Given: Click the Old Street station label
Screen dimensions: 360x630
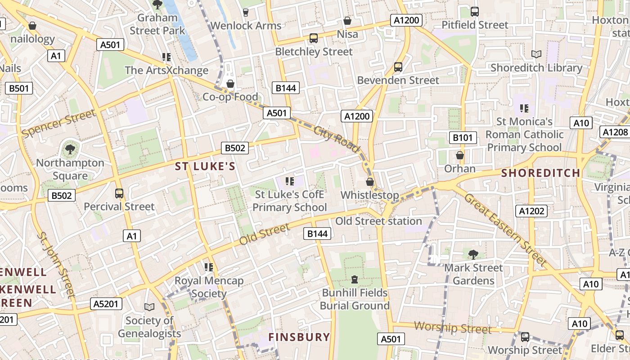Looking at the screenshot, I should (x=378, y=221).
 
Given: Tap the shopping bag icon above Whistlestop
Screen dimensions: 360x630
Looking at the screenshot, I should (x=370, y=182).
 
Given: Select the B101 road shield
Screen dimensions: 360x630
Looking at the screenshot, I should (x=463, y=138).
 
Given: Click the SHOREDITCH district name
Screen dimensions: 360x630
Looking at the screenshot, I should (x=540, y=173).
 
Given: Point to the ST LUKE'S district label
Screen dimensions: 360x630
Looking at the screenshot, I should (x=205, y=166).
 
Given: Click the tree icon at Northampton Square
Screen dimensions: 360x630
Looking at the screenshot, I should (x=70, y=149).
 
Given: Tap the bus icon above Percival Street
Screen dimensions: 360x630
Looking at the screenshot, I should (x=119, y=193).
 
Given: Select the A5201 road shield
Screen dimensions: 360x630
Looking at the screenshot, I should (x=106, y=304).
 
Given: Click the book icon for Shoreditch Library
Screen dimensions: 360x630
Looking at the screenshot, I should (x=536, y=54).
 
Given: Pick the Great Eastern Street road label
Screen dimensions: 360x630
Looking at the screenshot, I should (x=505, y=229).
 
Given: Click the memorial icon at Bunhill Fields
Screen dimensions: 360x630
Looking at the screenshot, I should (x=355, y=279).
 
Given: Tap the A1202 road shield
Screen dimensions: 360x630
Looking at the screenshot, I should (x=531, y=211).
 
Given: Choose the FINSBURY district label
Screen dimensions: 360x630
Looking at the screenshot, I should (x=299, y=337).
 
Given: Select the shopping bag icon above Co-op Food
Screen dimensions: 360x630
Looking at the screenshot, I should (x=230, y=84).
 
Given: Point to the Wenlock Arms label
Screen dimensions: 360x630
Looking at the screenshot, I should (x=246, y=26).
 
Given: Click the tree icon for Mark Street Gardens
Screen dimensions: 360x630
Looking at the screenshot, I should (x=473, y=255).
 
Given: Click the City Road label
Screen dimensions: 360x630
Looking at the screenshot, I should (x=337, y=139).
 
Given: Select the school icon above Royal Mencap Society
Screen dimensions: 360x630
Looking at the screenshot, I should (x=208, y=267).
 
